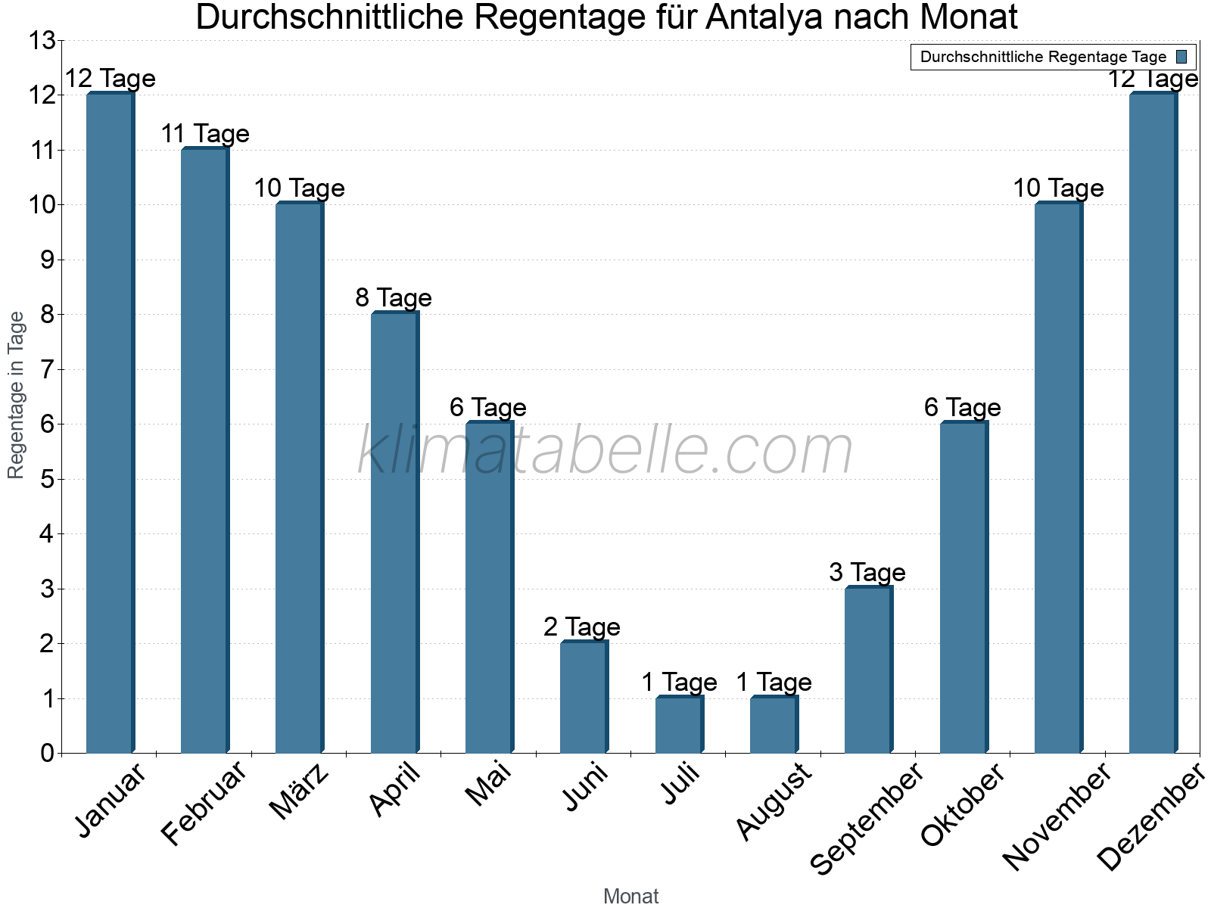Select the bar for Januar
pyautogui.click(x=110, y=424)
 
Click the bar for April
pyautogui.click(x=394, y=533)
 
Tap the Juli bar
pyautogui.click(x=679, y=725)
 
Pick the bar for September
pyautogui.click(x=868, y=670)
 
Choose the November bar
pyautogui.click(x=1058, y=478)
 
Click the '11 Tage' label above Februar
pyautogui.click(x=205, y=134)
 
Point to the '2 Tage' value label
pyautogui.click(x=581, y=627)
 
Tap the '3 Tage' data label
pyautogui.click(x=867, y=572)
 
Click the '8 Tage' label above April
pyautogui.click(x=394, y=298)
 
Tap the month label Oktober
pyautogui.click(x=963, y=805)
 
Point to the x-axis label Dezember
pyautogui.click(x=1150, y=817)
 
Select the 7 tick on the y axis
pyautogui.click(x=48, y=370)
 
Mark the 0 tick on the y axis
pyautogui.click(x=48, y=754)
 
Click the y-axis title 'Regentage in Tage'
pyautogui.click(x=17, y=395)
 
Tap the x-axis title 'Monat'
pyautogui.click(x=630, y=897)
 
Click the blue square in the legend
pyautogui.click(x=1181, y=57)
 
